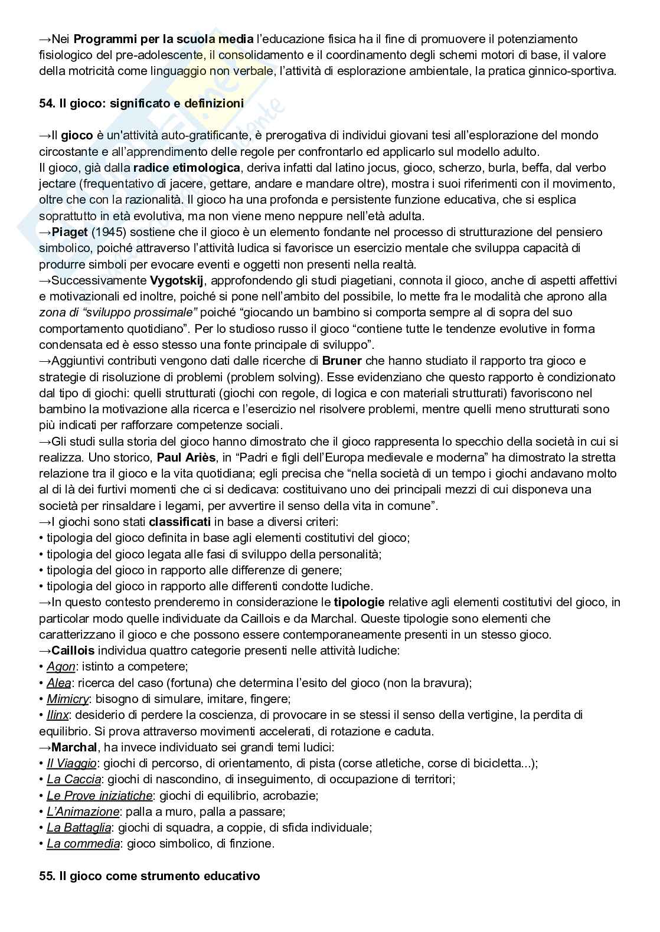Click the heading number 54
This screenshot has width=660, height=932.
point(47,103)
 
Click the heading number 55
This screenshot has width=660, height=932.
point(47,876)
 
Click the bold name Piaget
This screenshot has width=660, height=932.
point(70,232)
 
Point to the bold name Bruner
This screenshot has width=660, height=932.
point(342,361)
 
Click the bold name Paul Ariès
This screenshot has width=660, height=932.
point(186,457)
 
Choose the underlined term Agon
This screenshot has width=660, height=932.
point(61,667)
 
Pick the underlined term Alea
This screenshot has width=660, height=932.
point(59,683)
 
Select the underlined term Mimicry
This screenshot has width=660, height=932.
point(68,699)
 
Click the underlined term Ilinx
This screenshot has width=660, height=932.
point(58,715)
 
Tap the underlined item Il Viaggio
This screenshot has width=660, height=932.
point(71,763)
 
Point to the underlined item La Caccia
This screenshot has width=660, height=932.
point(74,779)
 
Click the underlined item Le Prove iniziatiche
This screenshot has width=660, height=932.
point(99,796)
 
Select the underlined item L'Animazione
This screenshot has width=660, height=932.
point(83,812)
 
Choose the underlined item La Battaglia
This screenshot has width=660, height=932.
point(79,828)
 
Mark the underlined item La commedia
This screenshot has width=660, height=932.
point(83,843)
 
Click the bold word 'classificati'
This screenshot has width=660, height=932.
point(179,522)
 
